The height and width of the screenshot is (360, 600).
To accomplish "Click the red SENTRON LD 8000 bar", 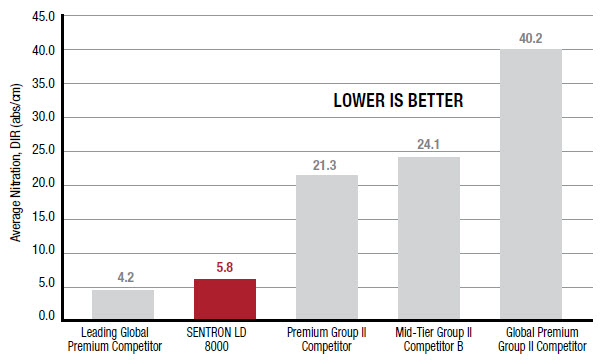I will coord(224,299).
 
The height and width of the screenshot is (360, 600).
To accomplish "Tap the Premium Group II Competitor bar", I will coord(326,247).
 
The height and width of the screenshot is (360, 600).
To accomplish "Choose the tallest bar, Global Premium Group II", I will coord(530,184).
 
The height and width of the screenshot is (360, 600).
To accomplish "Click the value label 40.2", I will coord(530,39).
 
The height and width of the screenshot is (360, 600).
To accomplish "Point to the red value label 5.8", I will coord(224,268).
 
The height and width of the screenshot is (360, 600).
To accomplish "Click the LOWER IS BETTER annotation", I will coord(398,102).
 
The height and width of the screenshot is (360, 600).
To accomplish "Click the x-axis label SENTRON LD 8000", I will coord(224,338).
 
